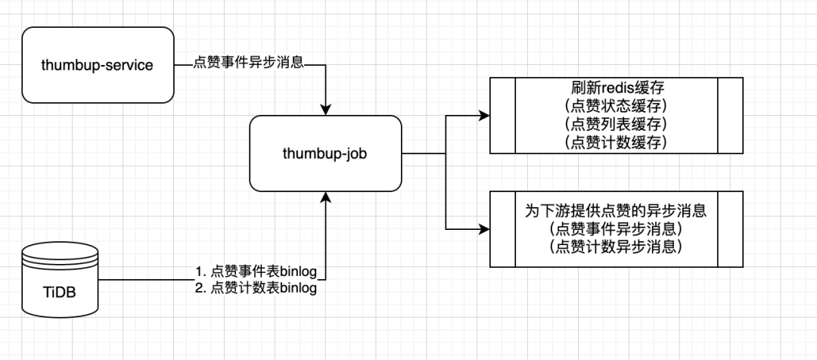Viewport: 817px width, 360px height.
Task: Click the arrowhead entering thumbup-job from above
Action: (325, 109)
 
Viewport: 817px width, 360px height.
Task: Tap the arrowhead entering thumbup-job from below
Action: (325, 197)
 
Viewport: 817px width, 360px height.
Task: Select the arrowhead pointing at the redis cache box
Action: (483, 116)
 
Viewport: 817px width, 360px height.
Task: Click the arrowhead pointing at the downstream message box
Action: (483, 228)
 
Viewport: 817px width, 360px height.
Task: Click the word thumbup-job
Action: (325, 153)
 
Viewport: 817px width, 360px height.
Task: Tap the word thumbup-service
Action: (97, 65)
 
